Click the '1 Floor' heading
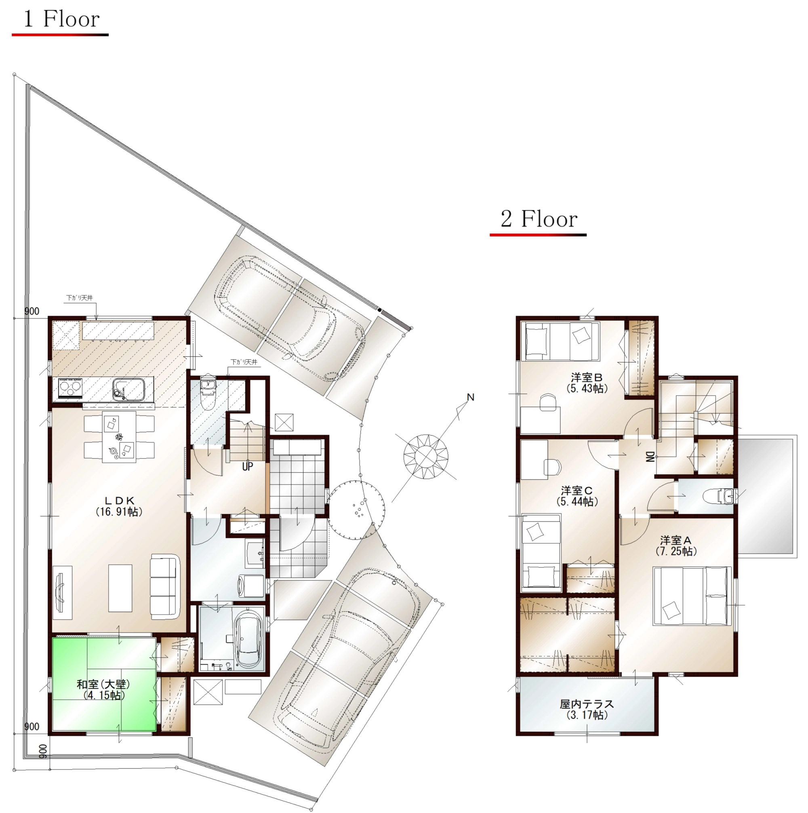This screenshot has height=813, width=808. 61,19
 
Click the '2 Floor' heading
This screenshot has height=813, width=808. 539,219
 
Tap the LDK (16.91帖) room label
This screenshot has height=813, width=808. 119,506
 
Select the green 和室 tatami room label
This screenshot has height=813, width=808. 103,690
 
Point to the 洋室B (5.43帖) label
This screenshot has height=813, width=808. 587,383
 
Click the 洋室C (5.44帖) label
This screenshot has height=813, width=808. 577,496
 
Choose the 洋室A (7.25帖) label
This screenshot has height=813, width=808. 676,546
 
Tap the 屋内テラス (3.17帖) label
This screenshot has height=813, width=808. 587,709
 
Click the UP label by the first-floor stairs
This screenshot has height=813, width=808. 247,466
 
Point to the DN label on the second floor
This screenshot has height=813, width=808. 650,457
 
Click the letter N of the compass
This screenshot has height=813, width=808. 471,397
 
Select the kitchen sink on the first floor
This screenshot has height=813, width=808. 128,389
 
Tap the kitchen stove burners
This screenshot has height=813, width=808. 70,388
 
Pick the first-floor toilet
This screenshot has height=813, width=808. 209,393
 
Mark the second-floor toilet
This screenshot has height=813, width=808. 718,496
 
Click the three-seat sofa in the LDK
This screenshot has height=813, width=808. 165,586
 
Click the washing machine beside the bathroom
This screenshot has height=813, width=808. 252,586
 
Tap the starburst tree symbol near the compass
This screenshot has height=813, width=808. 426,457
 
